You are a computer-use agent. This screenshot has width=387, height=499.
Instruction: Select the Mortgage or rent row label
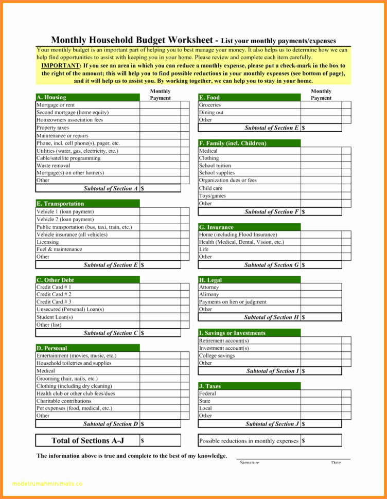coord(56,105)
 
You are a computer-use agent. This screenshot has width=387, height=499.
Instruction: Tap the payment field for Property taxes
coord(160,128)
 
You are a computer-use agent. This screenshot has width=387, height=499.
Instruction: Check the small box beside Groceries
coord(346,105)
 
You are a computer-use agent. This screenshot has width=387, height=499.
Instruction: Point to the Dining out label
coord(211,112)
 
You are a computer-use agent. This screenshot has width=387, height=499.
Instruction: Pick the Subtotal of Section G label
coord(271,265)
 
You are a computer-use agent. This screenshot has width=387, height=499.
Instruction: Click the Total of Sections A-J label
coord(87,440)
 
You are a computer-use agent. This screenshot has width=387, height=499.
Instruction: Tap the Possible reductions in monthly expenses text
coord(249,441)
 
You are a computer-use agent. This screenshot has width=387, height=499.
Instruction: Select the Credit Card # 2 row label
coord(54,294)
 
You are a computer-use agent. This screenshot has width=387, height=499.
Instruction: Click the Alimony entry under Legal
coord(209,295)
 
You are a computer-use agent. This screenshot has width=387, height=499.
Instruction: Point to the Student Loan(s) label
coord(55,317)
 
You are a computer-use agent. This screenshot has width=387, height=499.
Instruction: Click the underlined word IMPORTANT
coord(60,66)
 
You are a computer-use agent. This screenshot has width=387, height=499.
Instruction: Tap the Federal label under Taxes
coord(207,394)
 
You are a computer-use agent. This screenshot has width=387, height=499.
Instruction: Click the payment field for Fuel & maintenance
coord(160,249)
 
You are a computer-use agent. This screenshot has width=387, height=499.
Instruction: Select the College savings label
coord(217,355)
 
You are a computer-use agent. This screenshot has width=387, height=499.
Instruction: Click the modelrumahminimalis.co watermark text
coord(46,484)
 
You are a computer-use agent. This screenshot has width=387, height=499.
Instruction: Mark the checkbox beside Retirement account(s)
coord(346,341)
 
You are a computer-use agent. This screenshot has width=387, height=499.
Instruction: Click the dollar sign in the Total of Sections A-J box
coord(143,441)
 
